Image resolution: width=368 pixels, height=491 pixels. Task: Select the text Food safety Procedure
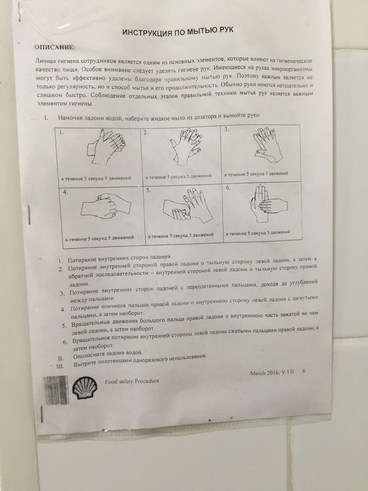[132, 381]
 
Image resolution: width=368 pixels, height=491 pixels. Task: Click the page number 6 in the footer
[304, 371]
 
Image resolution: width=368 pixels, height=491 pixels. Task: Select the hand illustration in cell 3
[267, 144]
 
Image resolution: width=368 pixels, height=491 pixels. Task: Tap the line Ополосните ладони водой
[108, 354]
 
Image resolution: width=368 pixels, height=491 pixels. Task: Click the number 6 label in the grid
[228, 187]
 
